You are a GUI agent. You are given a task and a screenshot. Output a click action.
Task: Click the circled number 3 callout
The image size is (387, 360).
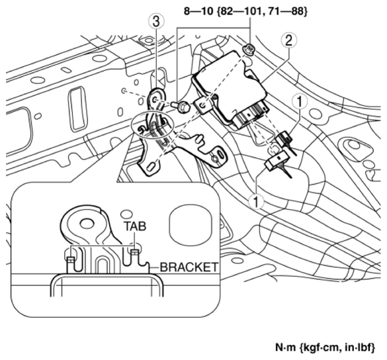click(x=155, y=22)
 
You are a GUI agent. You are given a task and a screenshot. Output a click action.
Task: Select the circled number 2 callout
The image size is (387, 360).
click(x=288, y=40)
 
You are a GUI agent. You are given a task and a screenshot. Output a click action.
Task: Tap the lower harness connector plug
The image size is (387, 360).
click(x=273, y=162)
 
